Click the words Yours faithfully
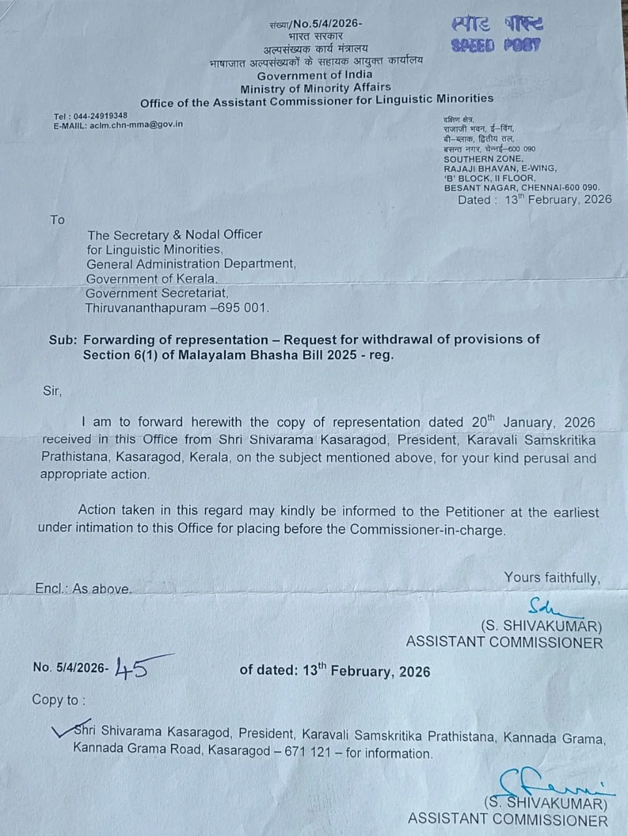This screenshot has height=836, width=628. tap(552, 577)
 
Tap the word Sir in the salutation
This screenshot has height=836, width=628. tap(52, 391)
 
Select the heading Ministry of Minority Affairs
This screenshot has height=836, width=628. tap(315, 88)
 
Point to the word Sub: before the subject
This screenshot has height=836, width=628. tap(62, 340)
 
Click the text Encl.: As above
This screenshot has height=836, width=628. tap(82, 588)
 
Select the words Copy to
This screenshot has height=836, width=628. tap(59, 699)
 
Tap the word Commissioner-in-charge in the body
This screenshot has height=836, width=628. tap(428, 529)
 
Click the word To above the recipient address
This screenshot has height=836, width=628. tap(57, 219)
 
